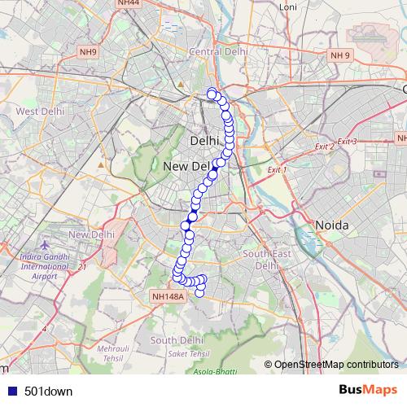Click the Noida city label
pos(332,225)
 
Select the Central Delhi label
pos(217,52)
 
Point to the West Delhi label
pos(39,111)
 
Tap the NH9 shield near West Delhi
pos(88,53)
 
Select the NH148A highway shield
pos(168,296)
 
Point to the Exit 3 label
pos(348,142)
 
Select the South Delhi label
pos(176,339)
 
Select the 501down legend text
pos(48,391)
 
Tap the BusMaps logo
pos(369,389)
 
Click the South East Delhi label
pos(266,260)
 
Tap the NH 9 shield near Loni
pos(339,55)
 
